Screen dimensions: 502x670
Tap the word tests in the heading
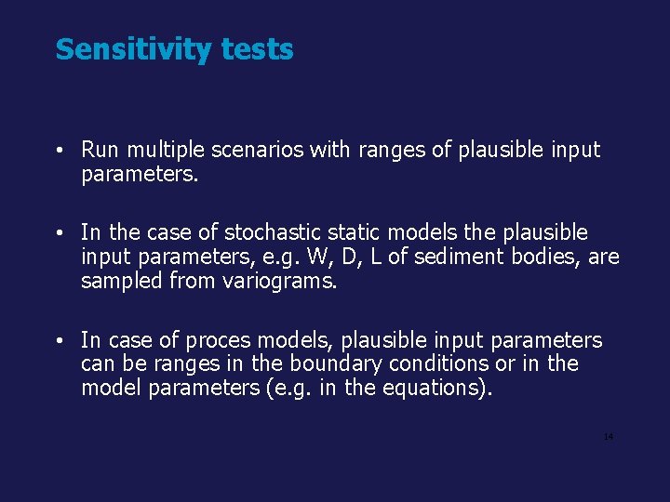pos(257,49)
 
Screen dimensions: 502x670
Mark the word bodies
pos(548,257)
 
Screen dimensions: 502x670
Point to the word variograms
pos(276,281)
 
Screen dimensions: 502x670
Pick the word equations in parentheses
pos(428,388)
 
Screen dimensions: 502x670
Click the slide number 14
pos(609,437)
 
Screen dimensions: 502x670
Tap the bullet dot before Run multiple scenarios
pos(59,151)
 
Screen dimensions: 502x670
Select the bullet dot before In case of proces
pos(59,342)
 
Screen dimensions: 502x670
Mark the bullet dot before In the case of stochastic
pos(59,232)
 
